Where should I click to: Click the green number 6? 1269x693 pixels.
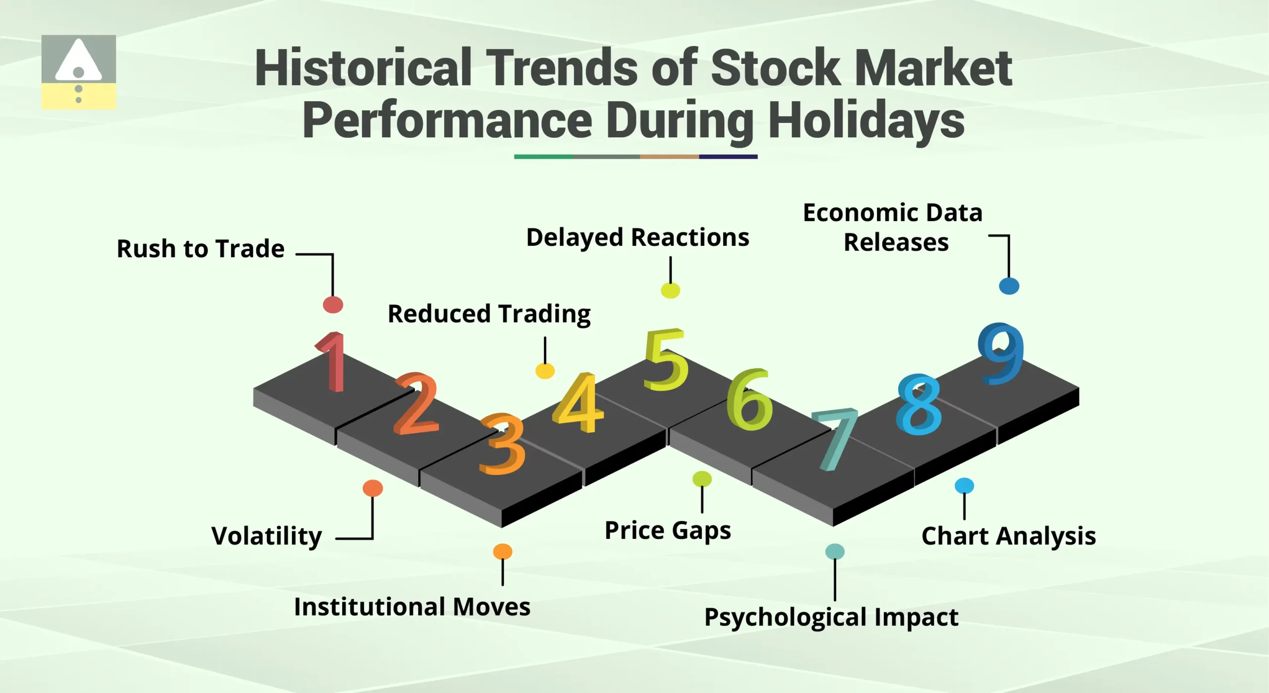[749, 401]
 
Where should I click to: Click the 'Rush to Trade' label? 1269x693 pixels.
[200, 248]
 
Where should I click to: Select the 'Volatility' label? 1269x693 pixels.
[267, 536]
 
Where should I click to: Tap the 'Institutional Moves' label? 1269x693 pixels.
[412, 607]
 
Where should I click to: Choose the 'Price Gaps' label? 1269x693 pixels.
[668, 530]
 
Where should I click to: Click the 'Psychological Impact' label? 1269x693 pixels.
[831, 617]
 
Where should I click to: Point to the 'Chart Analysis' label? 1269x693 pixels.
[1008, 536]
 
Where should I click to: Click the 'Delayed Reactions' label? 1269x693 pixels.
[637, 237]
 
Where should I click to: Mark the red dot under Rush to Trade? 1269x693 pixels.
[333, 304]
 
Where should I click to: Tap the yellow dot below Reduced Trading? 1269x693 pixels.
[545, 370]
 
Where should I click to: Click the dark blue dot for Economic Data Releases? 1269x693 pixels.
[1009, 286]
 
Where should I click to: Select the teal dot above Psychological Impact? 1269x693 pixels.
[835, 551]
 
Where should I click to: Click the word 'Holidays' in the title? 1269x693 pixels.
[866, 120]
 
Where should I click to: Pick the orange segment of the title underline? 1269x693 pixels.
[669, 157]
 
